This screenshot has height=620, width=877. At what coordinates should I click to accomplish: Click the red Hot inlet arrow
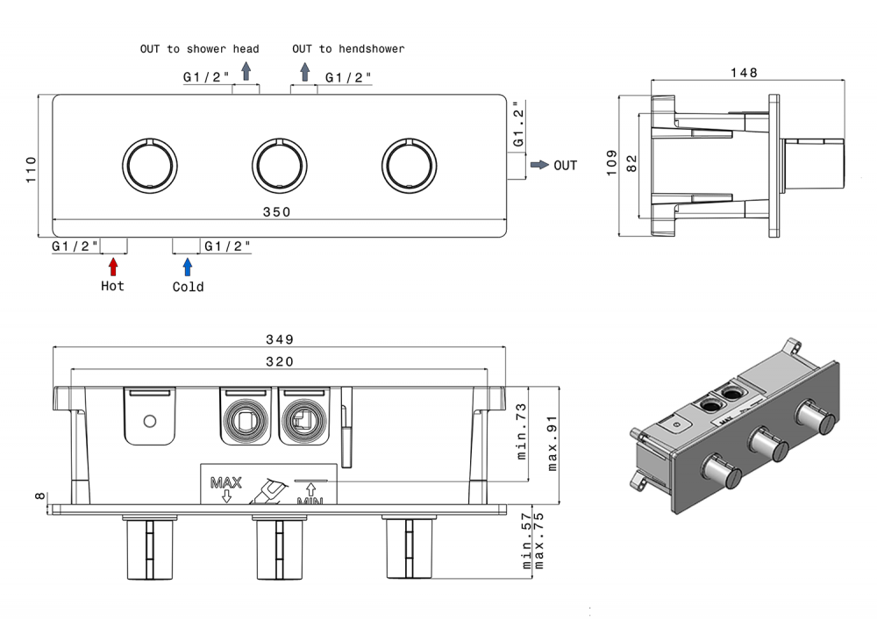(x=112, y=266)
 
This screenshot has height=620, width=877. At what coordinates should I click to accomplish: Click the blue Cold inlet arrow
(x=187, y=267)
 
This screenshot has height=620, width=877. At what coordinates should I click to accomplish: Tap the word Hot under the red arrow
(x=112, y=286)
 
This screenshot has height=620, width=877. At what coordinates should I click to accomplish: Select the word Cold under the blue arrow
(x=188, y=287)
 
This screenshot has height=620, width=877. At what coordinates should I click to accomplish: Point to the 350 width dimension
(x=277, y=212)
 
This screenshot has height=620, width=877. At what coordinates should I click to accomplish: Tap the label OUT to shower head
(x=200, y=49)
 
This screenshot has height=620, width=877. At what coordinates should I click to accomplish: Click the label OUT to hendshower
(x=348, y=49)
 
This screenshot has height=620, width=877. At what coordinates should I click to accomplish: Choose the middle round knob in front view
(x=280, y=164)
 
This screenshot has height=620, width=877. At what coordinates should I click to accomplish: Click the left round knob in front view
(x=149, y=164)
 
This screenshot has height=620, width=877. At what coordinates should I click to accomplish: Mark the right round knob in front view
(x=410, y=164)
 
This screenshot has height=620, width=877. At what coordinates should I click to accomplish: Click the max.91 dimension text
(x=553, y=444)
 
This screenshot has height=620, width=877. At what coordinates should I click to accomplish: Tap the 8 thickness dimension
(x=39, y=496)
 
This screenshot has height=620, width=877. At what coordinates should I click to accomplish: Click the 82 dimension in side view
(x=632, y=164)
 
